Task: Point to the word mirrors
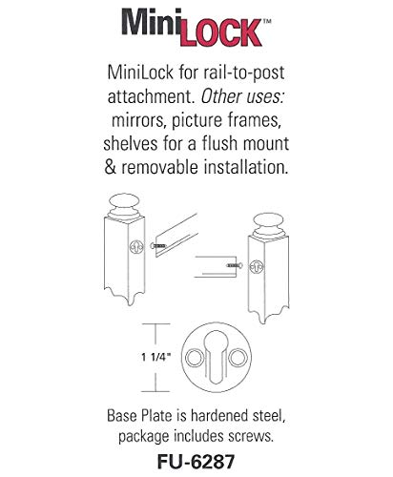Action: (125, 121)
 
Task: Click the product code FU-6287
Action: (196, 456)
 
